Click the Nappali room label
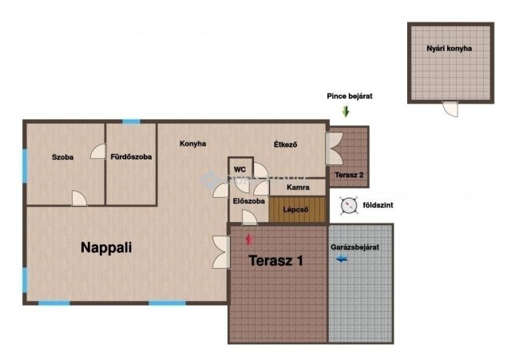[106, 247]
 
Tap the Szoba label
[62, 157]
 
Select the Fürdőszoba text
[131, 156]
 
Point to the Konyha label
[193, 144]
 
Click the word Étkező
[286, 144]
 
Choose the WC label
[240, 169]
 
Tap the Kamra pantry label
[298, 188]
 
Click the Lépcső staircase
[297, 209]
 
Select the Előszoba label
[248, 201]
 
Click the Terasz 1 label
[275, 261]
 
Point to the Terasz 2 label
[349, 175]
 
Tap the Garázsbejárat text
[355, 247]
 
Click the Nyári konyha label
[449, 48]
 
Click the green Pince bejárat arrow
[346, 112]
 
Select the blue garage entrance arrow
[342, 259]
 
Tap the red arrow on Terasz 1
[249, 239]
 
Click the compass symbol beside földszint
[348, 206]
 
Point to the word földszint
[378, 205]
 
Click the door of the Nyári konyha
[450, 109]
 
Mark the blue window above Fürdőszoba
[131, 122]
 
